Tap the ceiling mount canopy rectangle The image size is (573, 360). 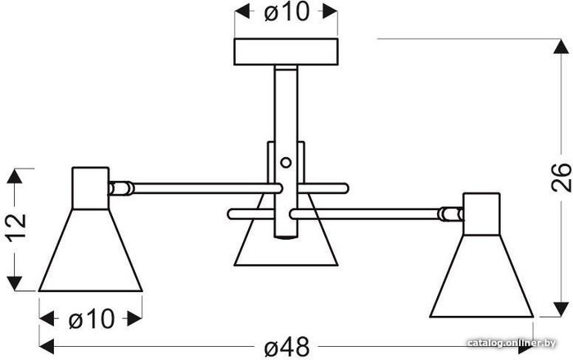tap(287, 53)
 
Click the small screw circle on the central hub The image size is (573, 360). tap(285, 162)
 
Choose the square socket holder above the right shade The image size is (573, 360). tap(481, 214)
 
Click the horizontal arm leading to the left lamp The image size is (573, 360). tap(196, 188)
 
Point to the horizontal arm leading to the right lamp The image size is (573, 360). tap(368, 214)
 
